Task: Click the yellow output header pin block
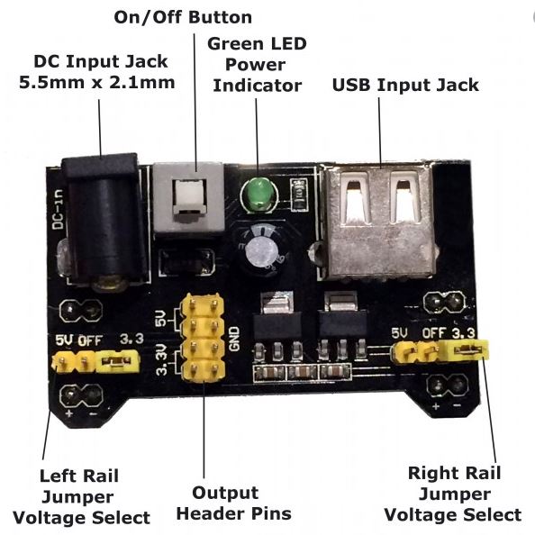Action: point(203,340)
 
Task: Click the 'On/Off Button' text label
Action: point(184,18)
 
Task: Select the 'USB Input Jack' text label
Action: point(405,86)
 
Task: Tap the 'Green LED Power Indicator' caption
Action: point(256,64)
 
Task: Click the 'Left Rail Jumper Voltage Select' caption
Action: point(81,495)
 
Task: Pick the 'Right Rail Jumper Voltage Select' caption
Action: point(453,494)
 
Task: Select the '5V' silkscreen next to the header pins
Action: point(161,318)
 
